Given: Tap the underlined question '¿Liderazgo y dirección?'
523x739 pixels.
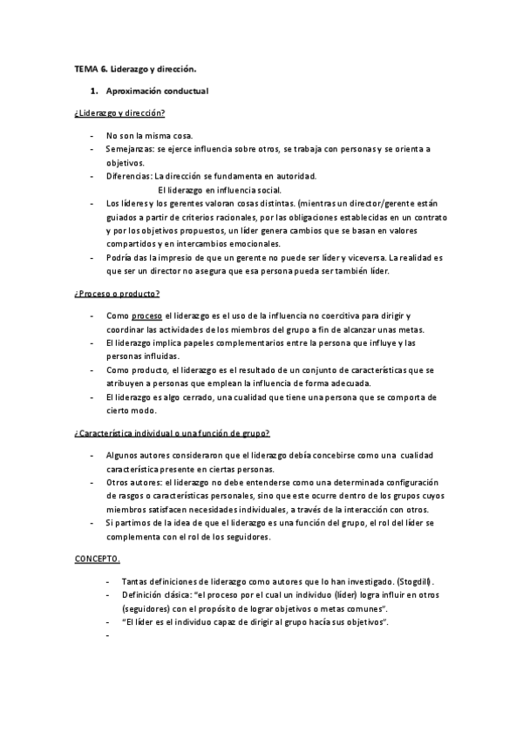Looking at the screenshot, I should pyautogui.click(x=120, y=114).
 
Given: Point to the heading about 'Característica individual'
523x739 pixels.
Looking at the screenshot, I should pyautogui.click(x=172, y=433).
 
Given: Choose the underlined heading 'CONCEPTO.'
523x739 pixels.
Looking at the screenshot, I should pyautogui.click(x=97, y=559).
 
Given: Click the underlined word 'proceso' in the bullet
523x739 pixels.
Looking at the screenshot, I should pyautogui.click(x=146, y=315).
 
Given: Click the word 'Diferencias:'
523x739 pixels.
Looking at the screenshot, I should pyautogui.click(x=129, y=175).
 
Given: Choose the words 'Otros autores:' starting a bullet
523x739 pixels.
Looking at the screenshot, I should pyautogui.click(x=133, y=482).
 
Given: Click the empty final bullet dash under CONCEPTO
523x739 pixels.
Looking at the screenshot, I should pyautogui.click(x=106, y=635).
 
